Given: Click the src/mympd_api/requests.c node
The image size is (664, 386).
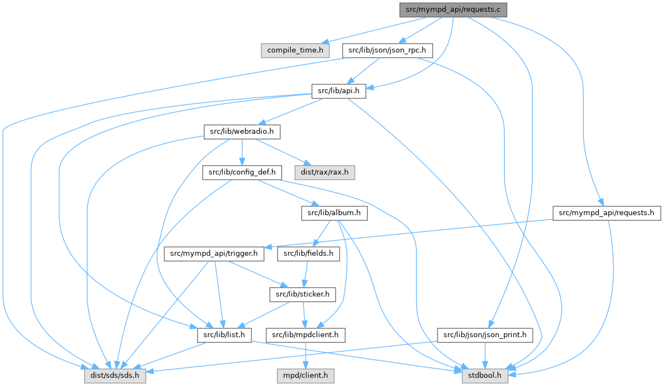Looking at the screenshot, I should pyautogui.click(x=453, y=9).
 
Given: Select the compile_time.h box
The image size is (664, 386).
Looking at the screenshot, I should pyautogui.click(x=295, y=50).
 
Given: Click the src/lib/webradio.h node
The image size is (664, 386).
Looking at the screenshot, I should pyautogui.click(x=242, y=131).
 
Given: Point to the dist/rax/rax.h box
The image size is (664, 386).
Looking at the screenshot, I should pyautogui.click(x=326, y=172).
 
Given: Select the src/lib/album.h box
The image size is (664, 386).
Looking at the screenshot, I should pyautogui.click(x=331, y=212).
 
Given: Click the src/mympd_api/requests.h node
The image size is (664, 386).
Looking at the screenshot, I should pyautogui.click(x=606, y=212).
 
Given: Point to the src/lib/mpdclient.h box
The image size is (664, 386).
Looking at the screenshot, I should pyautogui.click(x=306, y=334).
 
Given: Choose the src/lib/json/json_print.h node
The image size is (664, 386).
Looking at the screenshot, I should pyautogui.click(x=485, y=334).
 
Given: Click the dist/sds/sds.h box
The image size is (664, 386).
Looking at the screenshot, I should pyautogui.click(x=115, y=375).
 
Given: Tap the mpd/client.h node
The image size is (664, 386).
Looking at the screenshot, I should pyautogui.click(x=306, y=375).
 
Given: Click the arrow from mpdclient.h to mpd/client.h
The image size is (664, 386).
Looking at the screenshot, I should pyautogui.click(x=306, y=355).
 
